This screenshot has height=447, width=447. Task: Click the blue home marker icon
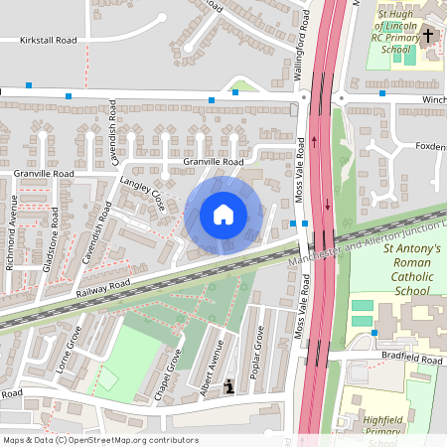tap(223, 214)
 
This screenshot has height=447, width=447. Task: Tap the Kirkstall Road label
tap(48, 41)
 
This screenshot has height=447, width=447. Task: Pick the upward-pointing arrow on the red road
tap(316, 139)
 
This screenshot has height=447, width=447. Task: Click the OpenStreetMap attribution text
tap(99, 440)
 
